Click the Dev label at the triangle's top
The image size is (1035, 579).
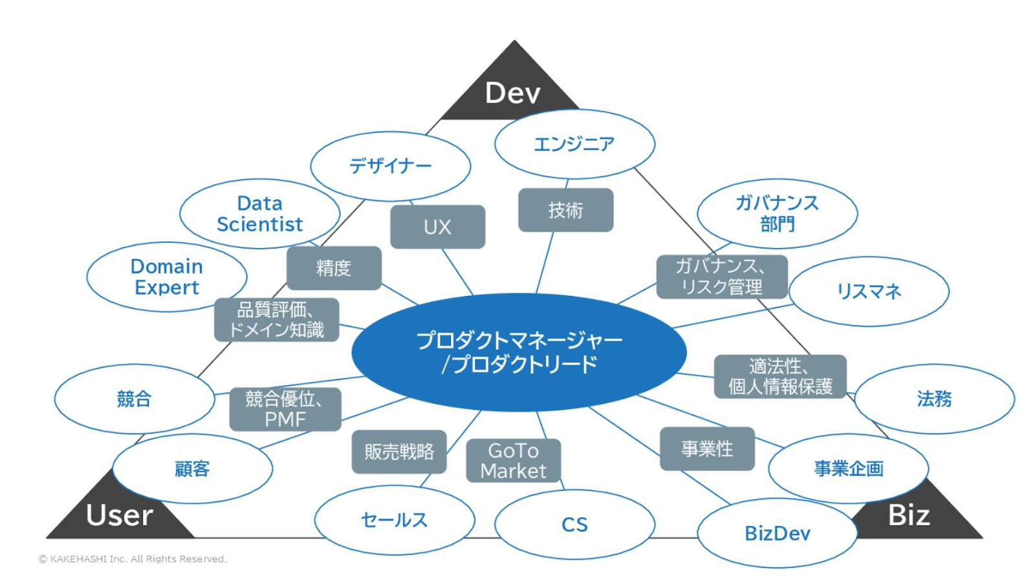tap(512, 93)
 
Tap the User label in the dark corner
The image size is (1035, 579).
tap(119, 515)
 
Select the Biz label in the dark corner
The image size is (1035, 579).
tap(909, 515)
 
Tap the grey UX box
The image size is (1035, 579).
tap(437, 227)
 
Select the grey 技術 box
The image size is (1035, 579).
tap(565, 210)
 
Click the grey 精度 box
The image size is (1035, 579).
tap(334, 268)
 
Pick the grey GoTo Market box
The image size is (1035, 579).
tap(514, 461)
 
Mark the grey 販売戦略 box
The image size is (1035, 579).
tap(399, 452)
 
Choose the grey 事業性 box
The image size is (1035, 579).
tap(708, 449)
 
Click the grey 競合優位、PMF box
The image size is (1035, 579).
tap(285, 410)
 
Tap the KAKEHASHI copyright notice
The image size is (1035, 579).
tap(133, 559)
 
